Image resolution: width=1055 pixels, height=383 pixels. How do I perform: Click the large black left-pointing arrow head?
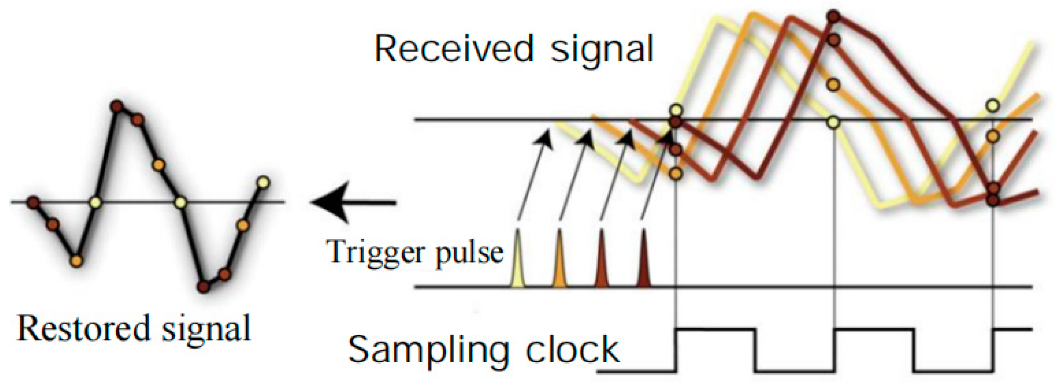(x=331, y=203)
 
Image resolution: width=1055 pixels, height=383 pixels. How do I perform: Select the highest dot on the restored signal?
(x=117, y=106)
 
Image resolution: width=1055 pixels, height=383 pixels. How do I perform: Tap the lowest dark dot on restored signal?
(x=203, y=287)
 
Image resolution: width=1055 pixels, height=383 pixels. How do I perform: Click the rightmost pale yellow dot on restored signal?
(x=263, y=182)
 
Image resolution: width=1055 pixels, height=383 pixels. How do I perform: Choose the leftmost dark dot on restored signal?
(x=33, y=203)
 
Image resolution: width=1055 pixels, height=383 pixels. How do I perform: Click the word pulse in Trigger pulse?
(x=470, y=252)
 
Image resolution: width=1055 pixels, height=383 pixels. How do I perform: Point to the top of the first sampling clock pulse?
(x=715, y=329)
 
